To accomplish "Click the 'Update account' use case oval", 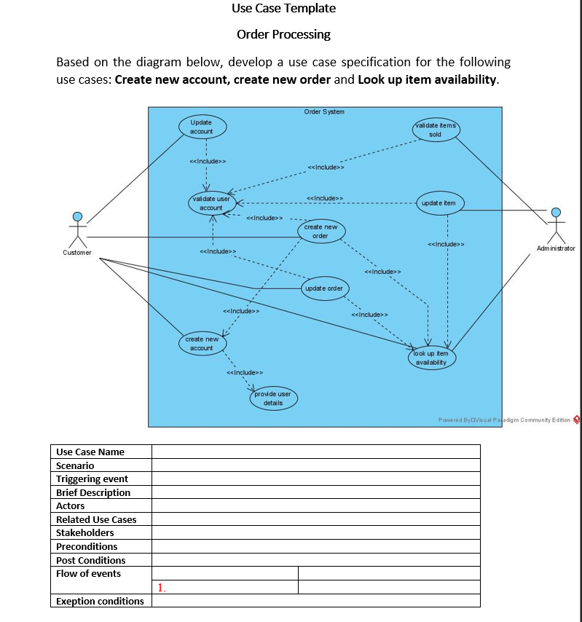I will (202, 127).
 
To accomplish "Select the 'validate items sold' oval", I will (436, 130).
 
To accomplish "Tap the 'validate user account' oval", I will (211, 203).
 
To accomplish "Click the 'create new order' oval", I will (321, 232).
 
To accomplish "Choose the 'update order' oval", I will (324, 288).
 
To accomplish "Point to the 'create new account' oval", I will (202, 343).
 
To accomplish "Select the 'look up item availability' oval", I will (432, 358).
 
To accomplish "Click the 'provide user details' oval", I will (273, 398).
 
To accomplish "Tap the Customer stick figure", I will (77, 229).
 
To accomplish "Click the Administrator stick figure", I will (556, 225).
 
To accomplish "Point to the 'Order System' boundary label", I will (324, 111).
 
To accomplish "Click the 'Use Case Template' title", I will (284, 9).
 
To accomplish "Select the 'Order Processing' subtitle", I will (284, 34).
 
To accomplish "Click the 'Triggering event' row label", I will (92, 479).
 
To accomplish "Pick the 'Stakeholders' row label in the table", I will (85, 532).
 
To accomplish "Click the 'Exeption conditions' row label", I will (100, 601).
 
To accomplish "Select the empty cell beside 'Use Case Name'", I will (316, 452).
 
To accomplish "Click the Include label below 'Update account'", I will (207, 161).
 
